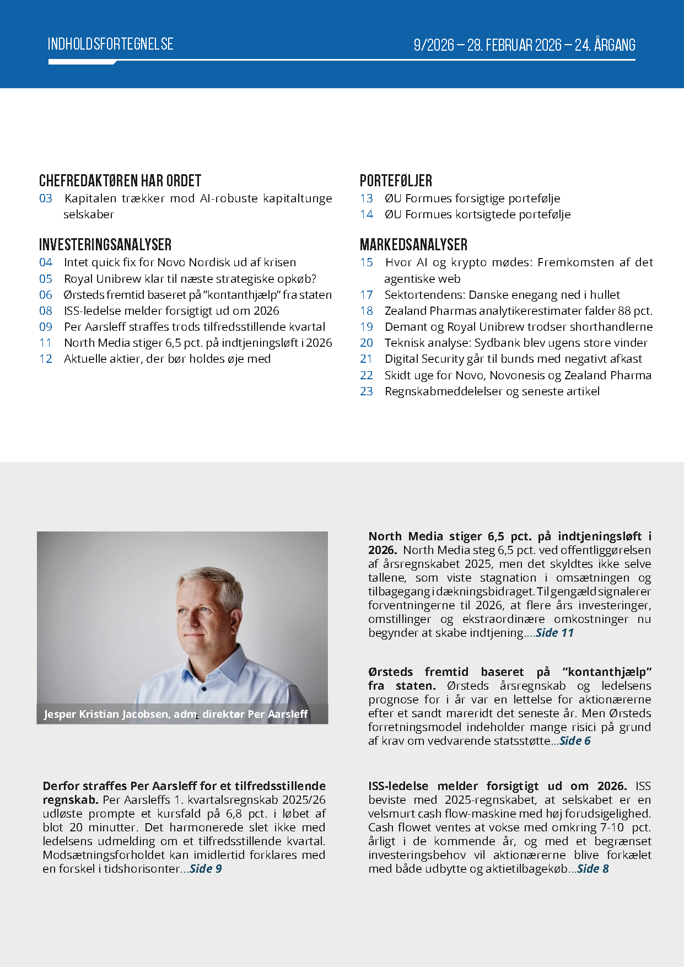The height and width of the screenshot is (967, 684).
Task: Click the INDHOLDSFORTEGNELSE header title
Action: point(110,44)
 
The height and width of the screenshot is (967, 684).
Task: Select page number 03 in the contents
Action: point(46,198)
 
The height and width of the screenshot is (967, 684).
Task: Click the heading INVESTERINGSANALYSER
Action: point(105,245)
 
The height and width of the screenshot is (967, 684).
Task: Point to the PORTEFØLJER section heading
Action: point(396,181)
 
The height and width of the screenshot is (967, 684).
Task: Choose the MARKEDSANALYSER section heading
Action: point(413,245)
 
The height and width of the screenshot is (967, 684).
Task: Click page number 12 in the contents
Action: point(46,359)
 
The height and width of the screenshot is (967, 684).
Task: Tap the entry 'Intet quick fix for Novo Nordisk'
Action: point(180,262)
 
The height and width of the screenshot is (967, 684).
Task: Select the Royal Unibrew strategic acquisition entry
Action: point(190,279)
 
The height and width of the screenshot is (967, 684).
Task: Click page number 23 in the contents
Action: point(367,391)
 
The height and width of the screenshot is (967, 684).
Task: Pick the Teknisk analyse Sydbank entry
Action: point(516,343)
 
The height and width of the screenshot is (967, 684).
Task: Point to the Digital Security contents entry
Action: point(513,359)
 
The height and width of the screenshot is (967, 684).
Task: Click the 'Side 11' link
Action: point(554,633)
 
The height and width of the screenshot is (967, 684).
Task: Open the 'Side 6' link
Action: point(575,741)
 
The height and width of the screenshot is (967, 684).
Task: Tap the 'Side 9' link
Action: point(206,869)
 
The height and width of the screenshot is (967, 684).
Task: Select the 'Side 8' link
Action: point(593,869)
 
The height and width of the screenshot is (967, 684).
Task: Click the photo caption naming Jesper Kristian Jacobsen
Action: point(175,714)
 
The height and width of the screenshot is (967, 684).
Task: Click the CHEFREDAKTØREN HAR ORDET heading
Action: point(120,181)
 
